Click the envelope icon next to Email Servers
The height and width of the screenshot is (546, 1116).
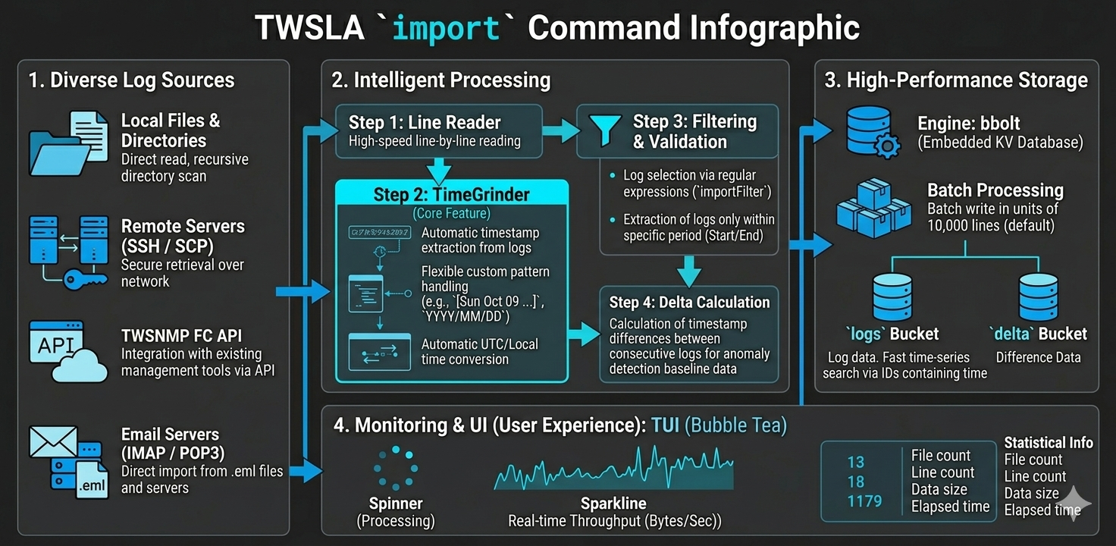pyautogui.click(x=53, y=442)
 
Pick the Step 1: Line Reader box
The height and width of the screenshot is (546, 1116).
pyautogui.click(x=438, y=130)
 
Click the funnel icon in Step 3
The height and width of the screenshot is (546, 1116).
pyautogui.click(x=606, y=130)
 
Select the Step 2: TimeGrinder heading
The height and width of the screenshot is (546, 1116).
pyautogui.click(x=452, y=194)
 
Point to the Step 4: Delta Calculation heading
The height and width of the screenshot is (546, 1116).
pyautogui.click(x=689, y=302)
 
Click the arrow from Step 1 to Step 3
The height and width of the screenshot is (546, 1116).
pyautogui.click(x=560, y=130)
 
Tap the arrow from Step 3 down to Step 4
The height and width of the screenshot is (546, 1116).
pyautogui.click(x=689, y=269)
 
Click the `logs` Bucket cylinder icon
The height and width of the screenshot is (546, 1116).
pyautogui.click(x=892, y=297)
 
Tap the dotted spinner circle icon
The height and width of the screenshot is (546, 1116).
pyautogui.click(x=395, y=468)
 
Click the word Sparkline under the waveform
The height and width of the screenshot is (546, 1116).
pyautogui.click(x=613, y=504)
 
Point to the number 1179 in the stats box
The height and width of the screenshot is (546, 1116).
pyautogui.click(x=864, y=501)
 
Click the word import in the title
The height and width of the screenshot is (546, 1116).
pyautogui.click(x=447, y=29)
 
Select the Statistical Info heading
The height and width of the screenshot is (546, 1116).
pyautogui.click(x=1049, y=443)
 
